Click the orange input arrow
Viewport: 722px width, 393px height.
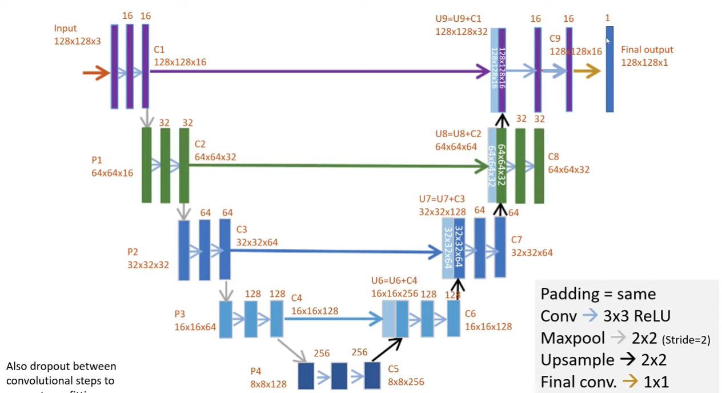pos(96,73)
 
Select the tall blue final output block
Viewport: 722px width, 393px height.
pos(609,69)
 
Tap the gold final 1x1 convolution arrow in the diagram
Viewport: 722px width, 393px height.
pos(587,71)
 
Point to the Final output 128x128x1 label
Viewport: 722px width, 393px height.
pos(647,56)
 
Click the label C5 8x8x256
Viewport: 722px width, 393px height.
pos(406,376)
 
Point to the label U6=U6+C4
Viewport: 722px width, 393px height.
pos(394,281)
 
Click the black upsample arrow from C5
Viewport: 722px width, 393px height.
pos(387,350)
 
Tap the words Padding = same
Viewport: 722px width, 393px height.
pos(598,294)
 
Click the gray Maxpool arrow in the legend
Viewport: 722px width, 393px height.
pos(617,338)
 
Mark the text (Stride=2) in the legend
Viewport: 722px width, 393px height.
pos(686,340)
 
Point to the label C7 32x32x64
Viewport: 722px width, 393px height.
pos(532,246)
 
